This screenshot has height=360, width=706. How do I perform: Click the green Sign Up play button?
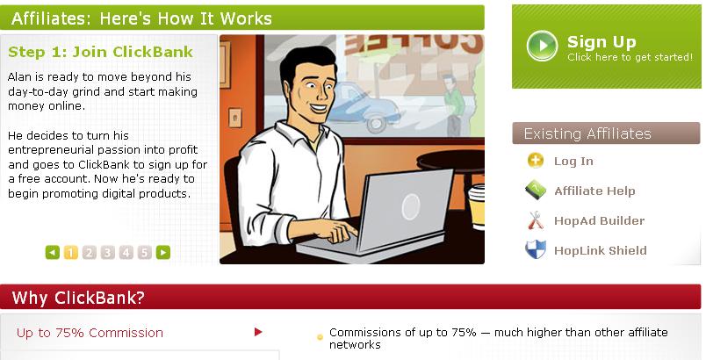tap(542, 46)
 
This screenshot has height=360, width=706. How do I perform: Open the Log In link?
tap(573, 161)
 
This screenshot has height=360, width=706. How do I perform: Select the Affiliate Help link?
tap(594, 191)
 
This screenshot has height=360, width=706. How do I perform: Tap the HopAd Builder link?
tap(599, 220)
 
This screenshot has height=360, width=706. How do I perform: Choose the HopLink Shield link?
tap(601, 250)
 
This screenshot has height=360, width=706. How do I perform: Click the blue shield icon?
tap(536, 249)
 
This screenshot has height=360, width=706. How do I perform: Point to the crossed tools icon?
tap(536, 220)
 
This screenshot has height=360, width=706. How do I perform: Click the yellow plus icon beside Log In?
tap(536, 161)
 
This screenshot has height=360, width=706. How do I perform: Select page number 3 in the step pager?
tap(107, 253)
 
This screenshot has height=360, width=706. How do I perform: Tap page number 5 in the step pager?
tap(144, 253)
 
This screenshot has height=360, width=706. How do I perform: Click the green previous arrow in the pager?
tap(52, 253)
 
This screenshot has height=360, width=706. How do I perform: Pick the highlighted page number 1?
tap(71, 253)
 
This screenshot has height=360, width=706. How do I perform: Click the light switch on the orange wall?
tap(234, 119)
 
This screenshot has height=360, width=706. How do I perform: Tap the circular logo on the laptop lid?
tap(410, 207)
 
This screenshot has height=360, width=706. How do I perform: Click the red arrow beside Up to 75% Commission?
tap(258, 332)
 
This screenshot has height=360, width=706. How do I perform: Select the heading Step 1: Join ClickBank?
tap(100, 52)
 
